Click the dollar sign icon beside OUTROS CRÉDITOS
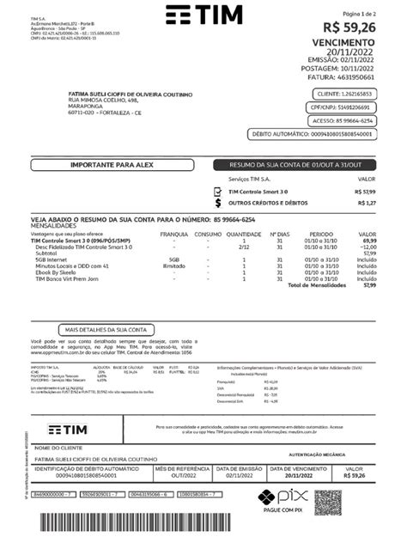click(x=219, y=203)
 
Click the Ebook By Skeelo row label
click(x=53, y=271)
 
